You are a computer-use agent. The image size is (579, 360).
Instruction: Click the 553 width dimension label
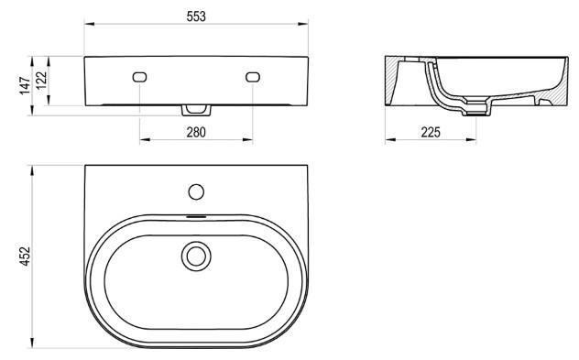point(196,16)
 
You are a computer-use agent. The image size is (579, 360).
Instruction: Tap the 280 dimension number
point(196,132)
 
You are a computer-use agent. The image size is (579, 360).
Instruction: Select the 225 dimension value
point(431,132)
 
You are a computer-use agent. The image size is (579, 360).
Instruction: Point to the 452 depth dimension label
point(25,256)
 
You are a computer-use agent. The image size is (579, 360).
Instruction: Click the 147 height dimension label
point(25,86)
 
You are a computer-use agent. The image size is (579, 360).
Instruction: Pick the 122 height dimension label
point(42,80)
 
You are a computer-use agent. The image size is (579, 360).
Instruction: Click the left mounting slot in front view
point(139,77)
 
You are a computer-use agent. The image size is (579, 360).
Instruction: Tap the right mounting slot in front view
point(253,77)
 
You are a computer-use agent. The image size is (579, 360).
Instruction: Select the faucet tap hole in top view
point(196,192)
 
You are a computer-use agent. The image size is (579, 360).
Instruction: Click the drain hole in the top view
point(196,256)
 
